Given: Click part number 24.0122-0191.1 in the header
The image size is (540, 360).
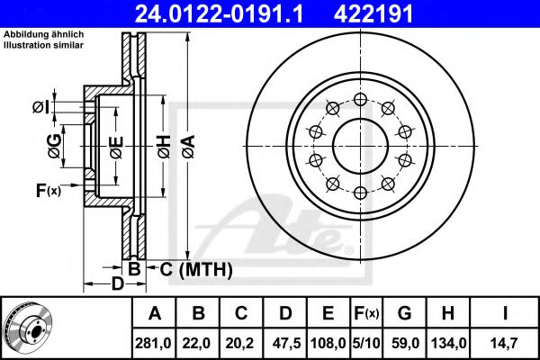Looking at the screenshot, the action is tap(219, 13).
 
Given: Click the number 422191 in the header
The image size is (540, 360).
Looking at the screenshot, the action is tap(373, 13).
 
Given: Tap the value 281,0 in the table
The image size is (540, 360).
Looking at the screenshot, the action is tap(154, 343).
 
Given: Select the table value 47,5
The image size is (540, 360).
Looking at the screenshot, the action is tap(286, 343).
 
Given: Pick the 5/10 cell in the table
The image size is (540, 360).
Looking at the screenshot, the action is tap(366, 343).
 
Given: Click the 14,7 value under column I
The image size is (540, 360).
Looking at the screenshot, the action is tap(504, 343).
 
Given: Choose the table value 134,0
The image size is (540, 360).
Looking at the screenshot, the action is tap(448, 343).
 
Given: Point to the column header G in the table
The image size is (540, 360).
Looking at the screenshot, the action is tap(404, 313).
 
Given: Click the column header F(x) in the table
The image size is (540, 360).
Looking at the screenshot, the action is tap(366, 313).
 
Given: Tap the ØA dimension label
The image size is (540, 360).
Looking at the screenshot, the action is tap(189, 147).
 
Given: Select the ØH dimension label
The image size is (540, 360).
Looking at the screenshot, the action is tap(165, 147).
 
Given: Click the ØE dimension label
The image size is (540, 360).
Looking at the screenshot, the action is tap(117, 148).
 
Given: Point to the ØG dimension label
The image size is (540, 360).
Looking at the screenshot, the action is tap(55, 146).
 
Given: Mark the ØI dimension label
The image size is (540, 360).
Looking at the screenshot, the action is tap(41, 107).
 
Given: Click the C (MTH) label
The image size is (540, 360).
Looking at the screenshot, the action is tap(196, 269).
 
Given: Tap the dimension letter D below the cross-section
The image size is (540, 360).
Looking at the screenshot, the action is tap(117, 284).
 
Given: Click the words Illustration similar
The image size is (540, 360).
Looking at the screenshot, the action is tap(43, 45).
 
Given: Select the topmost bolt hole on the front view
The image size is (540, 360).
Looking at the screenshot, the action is tap(360, 100).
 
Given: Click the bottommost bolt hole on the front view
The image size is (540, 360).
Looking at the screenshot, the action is tap(360, 193).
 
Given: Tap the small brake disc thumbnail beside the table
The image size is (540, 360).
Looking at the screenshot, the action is tap(29, 327).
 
